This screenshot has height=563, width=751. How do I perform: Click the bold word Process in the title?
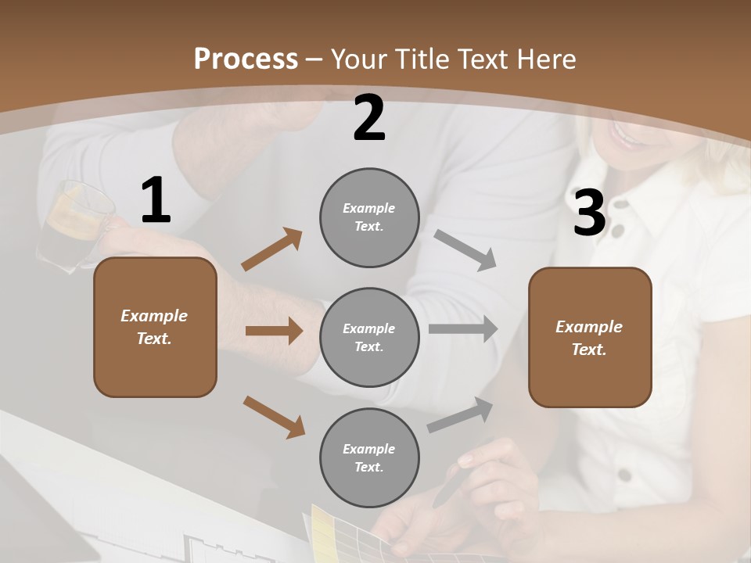tap(246, 59)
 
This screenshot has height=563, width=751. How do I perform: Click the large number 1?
tap(156, 201)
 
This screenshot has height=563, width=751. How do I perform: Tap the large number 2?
tap(369, 119)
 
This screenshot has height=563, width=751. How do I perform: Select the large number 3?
tap(589, 214)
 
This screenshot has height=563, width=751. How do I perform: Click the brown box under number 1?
tap(155, 327)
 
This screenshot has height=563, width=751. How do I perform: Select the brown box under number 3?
tap(590, 337)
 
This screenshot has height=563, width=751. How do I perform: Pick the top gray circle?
tap(369, 217)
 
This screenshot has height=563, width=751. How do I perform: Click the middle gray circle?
tap(369, 337)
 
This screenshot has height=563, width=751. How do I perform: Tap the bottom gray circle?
tap(369, 457)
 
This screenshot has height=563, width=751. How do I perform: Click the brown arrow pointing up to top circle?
tap(271, 249)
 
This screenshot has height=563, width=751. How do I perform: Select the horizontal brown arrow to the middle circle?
tap(274, 331)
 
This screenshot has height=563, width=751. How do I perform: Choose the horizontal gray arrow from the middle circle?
tap(462, 329)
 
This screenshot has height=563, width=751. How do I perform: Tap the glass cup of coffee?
tap(74, 223)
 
